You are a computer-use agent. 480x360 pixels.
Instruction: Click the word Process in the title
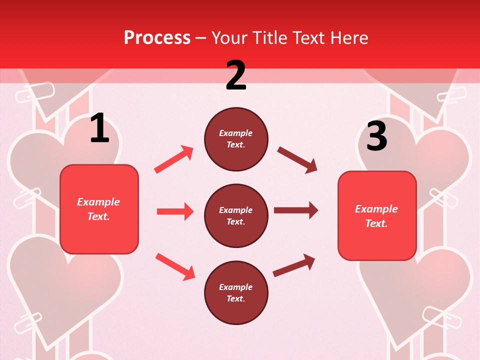pyautogui.click(x=157, y=38)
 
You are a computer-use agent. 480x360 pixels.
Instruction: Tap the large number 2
pyautogui.click(x=236, y=75)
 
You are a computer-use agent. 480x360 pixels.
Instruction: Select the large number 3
pyautogui.click(x=376, y=136)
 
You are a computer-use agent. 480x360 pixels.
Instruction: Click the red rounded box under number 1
pyautogui.click(x=99, y=209)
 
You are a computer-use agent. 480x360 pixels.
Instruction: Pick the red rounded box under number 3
pyautogui.click(x=377, y=216)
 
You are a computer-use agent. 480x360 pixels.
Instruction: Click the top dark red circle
pyautogui.click(x=236, y=139)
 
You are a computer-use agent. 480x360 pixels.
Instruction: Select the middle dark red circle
pyautogui.click(x=236, y=215)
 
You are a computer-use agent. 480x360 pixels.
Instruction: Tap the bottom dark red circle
pyautogui.click(x=236, y=292)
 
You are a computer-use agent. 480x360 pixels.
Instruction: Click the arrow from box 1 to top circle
pyautogui.click(x=174, y=159)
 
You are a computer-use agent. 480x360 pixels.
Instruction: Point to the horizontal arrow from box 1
pyautogui.click(x=175, y=211)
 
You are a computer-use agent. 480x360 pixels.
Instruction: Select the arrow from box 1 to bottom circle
pyautogui.click(x=175, y=266)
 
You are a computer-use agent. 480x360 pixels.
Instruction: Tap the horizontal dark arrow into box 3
pyautogui.click(x=296, y=210)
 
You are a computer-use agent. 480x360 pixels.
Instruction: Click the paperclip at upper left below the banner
pyautogui.click(x=34, y=92)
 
